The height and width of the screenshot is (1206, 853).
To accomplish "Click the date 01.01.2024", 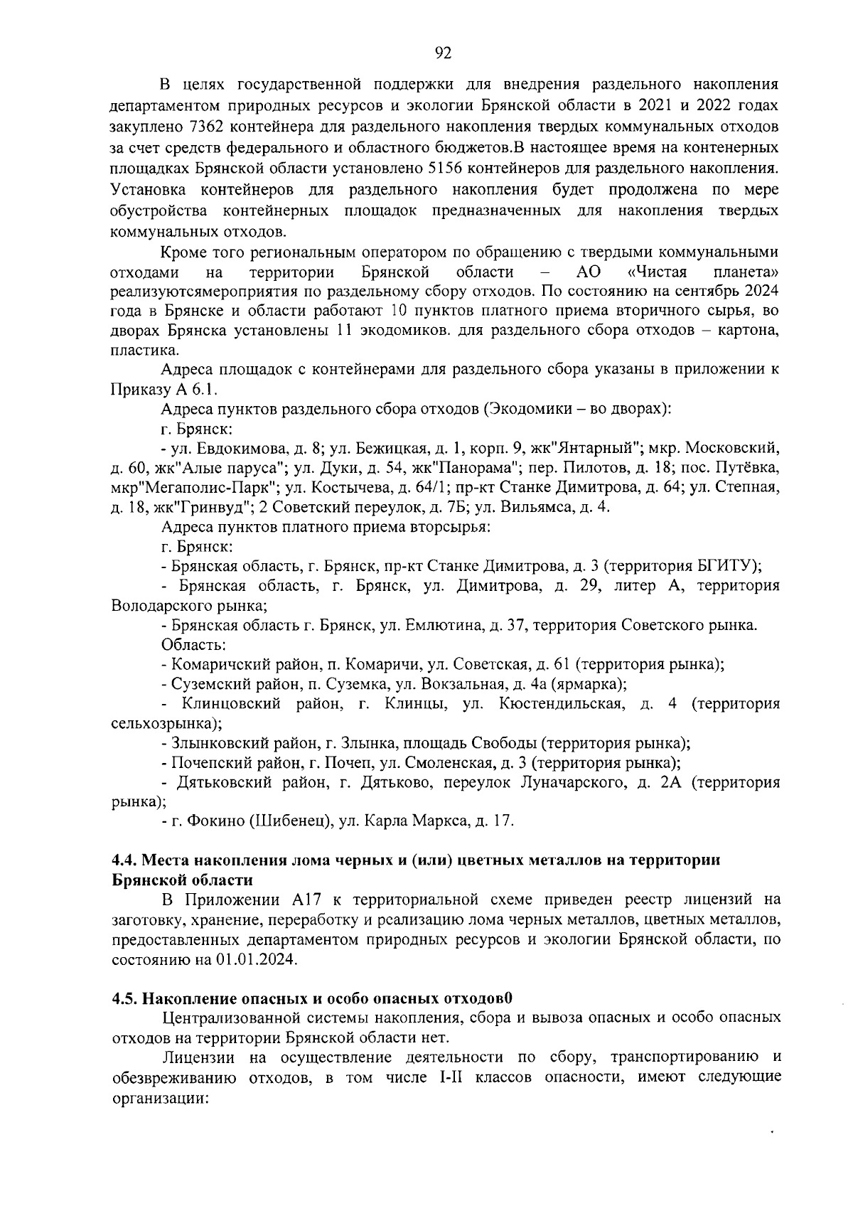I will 254,959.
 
